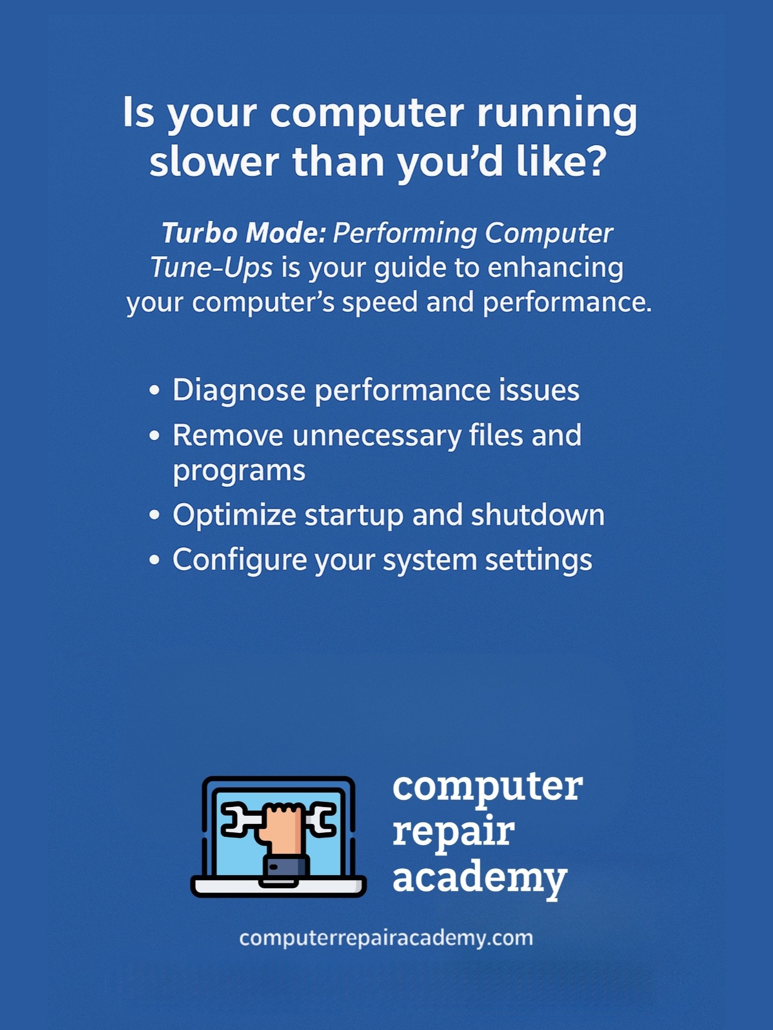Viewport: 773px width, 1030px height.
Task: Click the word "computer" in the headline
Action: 367,114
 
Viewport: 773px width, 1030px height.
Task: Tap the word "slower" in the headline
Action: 214,161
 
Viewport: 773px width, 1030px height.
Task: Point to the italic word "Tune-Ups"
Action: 211,267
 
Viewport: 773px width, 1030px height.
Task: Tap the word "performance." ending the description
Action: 567,303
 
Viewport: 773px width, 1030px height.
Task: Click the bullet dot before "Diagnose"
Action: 154,390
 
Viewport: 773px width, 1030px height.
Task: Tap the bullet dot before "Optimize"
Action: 154,516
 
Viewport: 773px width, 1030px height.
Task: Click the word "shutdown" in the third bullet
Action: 537,515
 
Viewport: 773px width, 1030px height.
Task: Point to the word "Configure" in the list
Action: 240,561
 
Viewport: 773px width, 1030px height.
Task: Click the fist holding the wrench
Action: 282,822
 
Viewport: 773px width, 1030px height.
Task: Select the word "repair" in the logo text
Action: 453,833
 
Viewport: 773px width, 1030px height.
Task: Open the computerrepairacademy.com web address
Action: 386,938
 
